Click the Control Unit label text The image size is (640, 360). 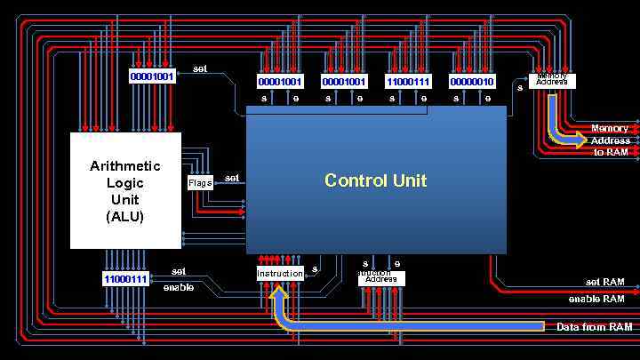(x=375, y=180)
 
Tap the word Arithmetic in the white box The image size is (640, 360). (x=125, y=166)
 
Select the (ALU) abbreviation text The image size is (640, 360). (x=125, y=216)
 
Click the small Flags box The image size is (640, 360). (x=200, y=183)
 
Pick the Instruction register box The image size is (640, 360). (x=280, y=274)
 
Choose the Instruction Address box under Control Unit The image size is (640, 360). (x=381, y=278)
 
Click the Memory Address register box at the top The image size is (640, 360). (x=552, y=81)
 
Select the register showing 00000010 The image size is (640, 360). (x=472, y=82)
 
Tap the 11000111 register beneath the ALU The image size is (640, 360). (x=125, y=279)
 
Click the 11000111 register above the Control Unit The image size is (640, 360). (x=408, y=82)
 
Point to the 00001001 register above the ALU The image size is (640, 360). (x=152, y=76)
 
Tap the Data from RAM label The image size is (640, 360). (x=594, y=327)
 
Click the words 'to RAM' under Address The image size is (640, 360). (x=611, y=152)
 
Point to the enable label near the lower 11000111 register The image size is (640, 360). (x=178, y=287)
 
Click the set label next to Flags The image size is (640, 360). (x=231, y=178)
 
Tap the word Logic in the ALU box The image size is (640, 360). (x=125, y=183)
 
